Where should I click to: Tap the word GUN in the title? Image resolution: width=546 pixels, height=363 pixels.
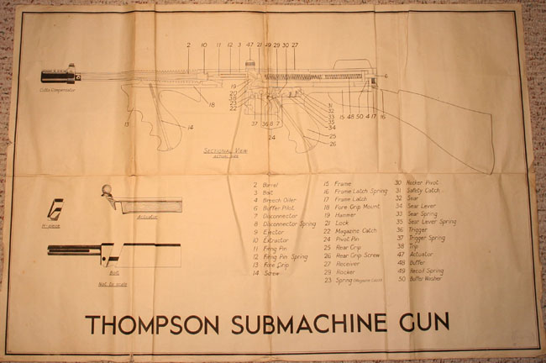417,322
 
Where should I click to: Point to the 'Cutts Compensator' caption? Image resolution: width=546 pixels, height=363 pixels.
56,88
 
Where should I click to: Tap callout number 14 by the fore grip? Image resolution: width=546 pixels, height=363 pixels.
192,127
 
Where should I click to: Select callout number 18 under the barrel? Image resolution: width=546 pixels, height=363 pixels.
213,105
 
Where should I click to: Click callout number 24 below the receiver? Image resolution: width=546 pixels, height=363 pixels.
272,138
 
